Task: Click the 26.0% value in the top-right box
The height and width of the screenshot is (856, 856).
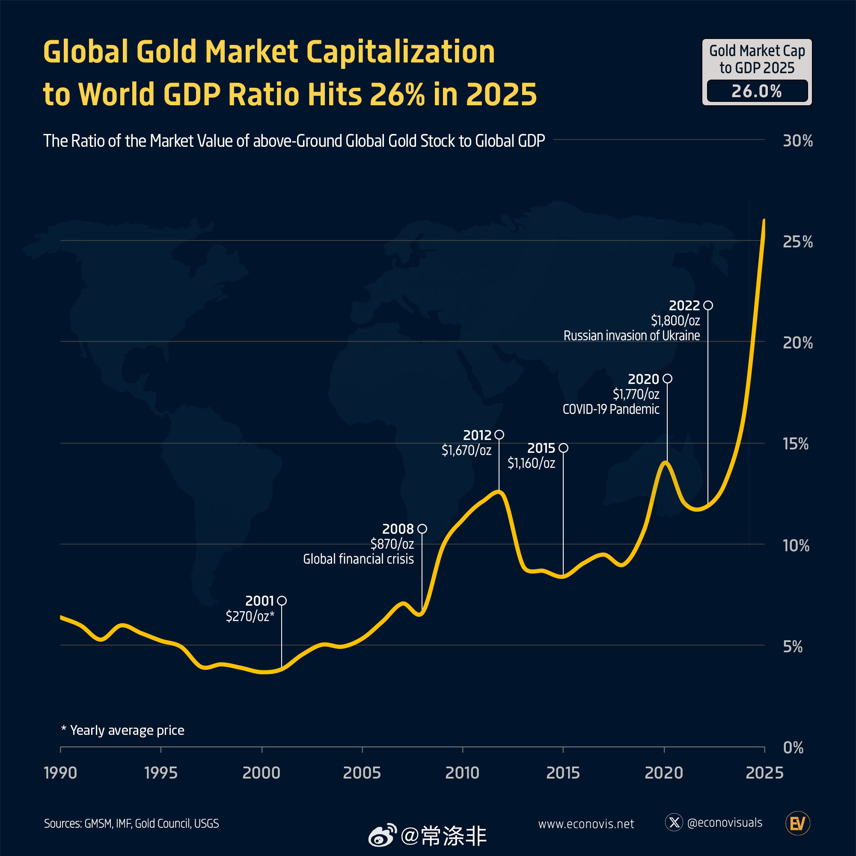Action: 757,91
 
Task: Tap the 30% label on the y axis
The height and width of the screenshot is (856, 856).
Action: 797,141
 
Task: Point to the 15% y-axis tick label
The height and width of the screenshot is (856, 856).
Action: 796,443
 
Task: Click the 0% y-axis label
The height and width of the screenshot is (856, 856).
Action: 793,747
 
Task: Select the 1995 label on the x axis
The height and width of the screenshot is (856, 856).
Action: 161,773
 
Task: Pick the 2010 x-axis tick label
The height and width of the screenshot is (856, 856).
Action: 462,773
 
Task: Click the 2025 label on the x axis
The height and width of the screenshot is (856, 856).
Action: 764,773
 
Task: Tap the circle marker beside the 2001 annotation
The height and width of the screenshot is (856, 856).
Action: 282,601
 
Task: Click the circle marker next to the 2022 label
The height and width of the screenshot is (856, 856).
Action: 708,305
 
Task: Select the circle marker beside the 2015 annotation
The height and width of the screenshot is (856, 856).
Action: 563,448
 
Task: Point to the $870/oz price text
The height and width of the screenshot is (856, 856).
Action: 392,544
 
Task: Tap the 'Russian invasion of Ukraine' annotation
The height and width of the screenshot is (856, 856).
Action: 631,336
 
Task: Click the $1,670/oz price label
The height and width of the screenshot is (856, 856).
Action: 466,450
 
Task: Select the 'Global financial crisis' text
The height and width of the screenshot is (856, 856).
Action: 358,559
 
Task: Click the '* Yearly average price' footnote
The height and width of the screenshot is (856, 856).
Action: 123,730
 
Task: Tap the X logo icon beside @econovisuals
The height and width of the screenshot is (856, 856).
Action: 674,823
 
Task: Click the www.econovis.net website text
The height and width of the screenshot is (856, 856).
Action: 586,823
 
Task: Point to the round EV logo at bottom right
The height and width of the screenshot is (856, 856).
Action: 797,823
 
